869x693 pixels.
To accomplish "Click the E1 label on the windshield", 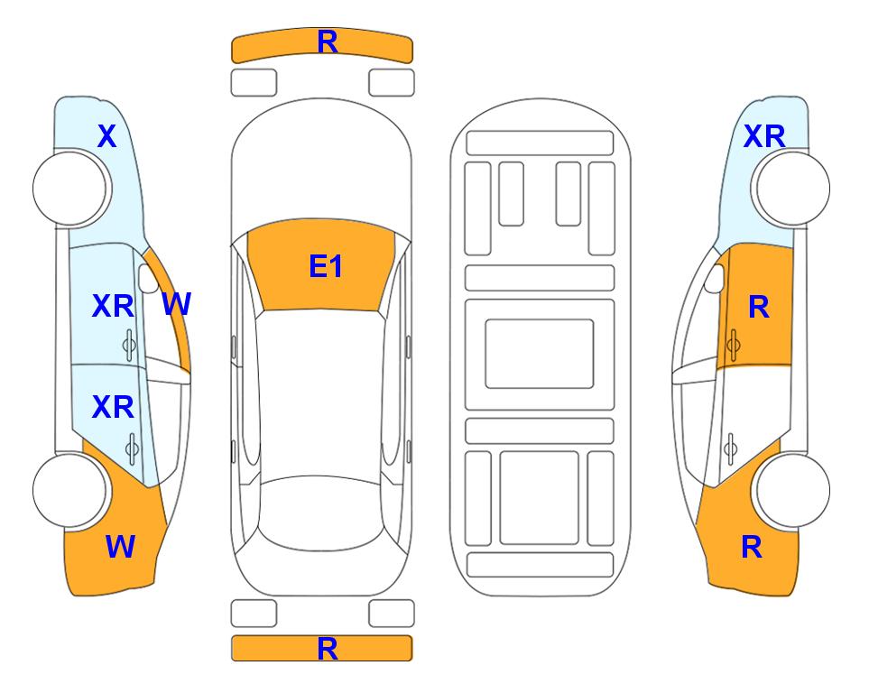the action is click(326, 266).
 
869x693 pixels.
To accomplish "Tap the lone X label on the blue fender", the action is click(107, 136).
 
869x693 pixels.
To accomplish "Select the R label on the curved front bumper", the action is click(328, 42).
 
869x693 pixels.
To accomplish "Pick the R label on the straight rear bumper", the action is click(328, 649).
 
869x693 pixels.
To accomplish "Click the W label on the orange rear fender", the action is click(120, 547).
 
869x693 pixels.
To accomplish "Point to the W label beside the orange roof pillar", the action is click(177, 304).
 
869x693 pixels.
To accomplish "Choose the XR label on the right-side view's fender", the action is click(764, 136).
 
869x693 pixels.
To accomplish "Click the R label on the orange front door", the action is click(759, 307).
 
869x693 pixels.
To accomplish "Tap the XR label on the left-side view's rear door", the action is click(113, 407).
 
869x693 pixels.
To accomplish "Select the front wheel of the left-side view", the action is click(69, 189).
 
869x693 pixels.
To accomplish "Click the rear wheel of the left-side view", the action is click(69, 491).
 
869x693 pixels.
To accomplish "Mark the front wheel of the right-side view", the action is click(792, 189).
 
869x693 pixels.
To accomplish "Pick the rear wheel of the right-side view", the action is click(792, 491).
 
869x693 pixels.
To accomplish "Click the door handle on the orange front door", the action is click(734, 345).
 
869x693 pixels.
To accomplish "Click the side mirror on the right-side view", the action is click(715, 278).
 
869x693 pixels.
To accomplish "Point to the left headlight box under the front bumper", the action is click(254, 83).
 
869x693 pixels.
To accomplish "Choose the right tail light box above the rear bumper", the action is click(392, 614).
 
